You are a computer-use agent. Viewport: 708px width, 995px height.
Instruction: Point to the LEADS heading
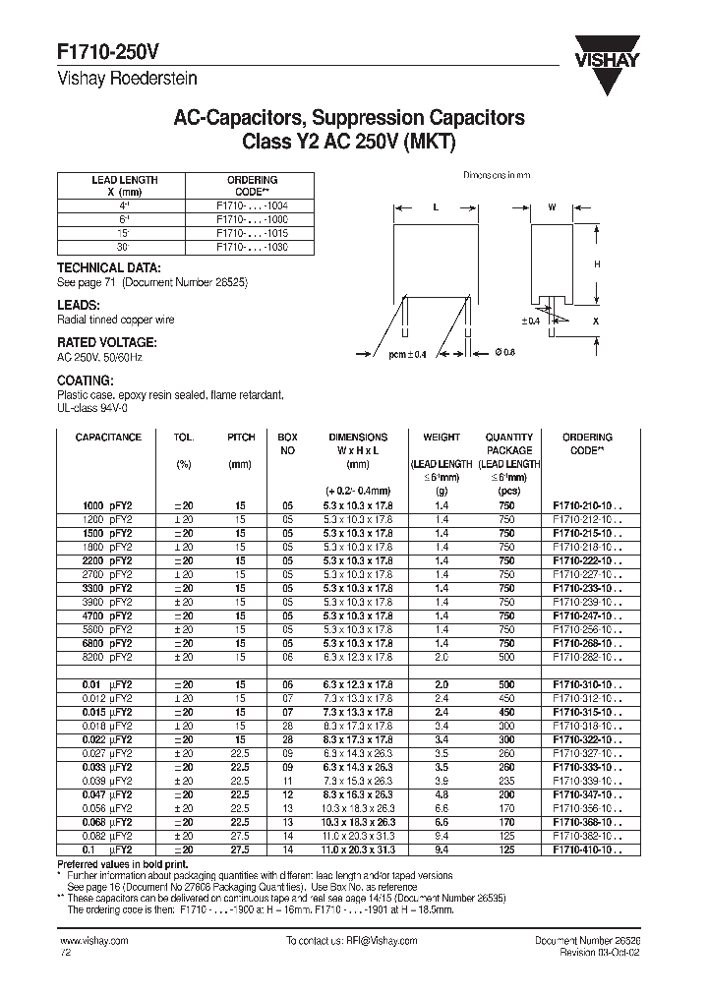(78, 306)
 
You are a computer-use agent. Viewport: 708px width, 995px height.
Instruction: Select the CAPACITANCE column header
(108, 438)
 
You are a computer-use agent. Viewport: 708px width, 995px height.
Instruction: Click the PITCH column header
(240, 438)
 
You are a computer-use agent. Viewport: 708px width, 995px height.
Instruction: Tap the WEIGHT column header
(442, 438)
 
